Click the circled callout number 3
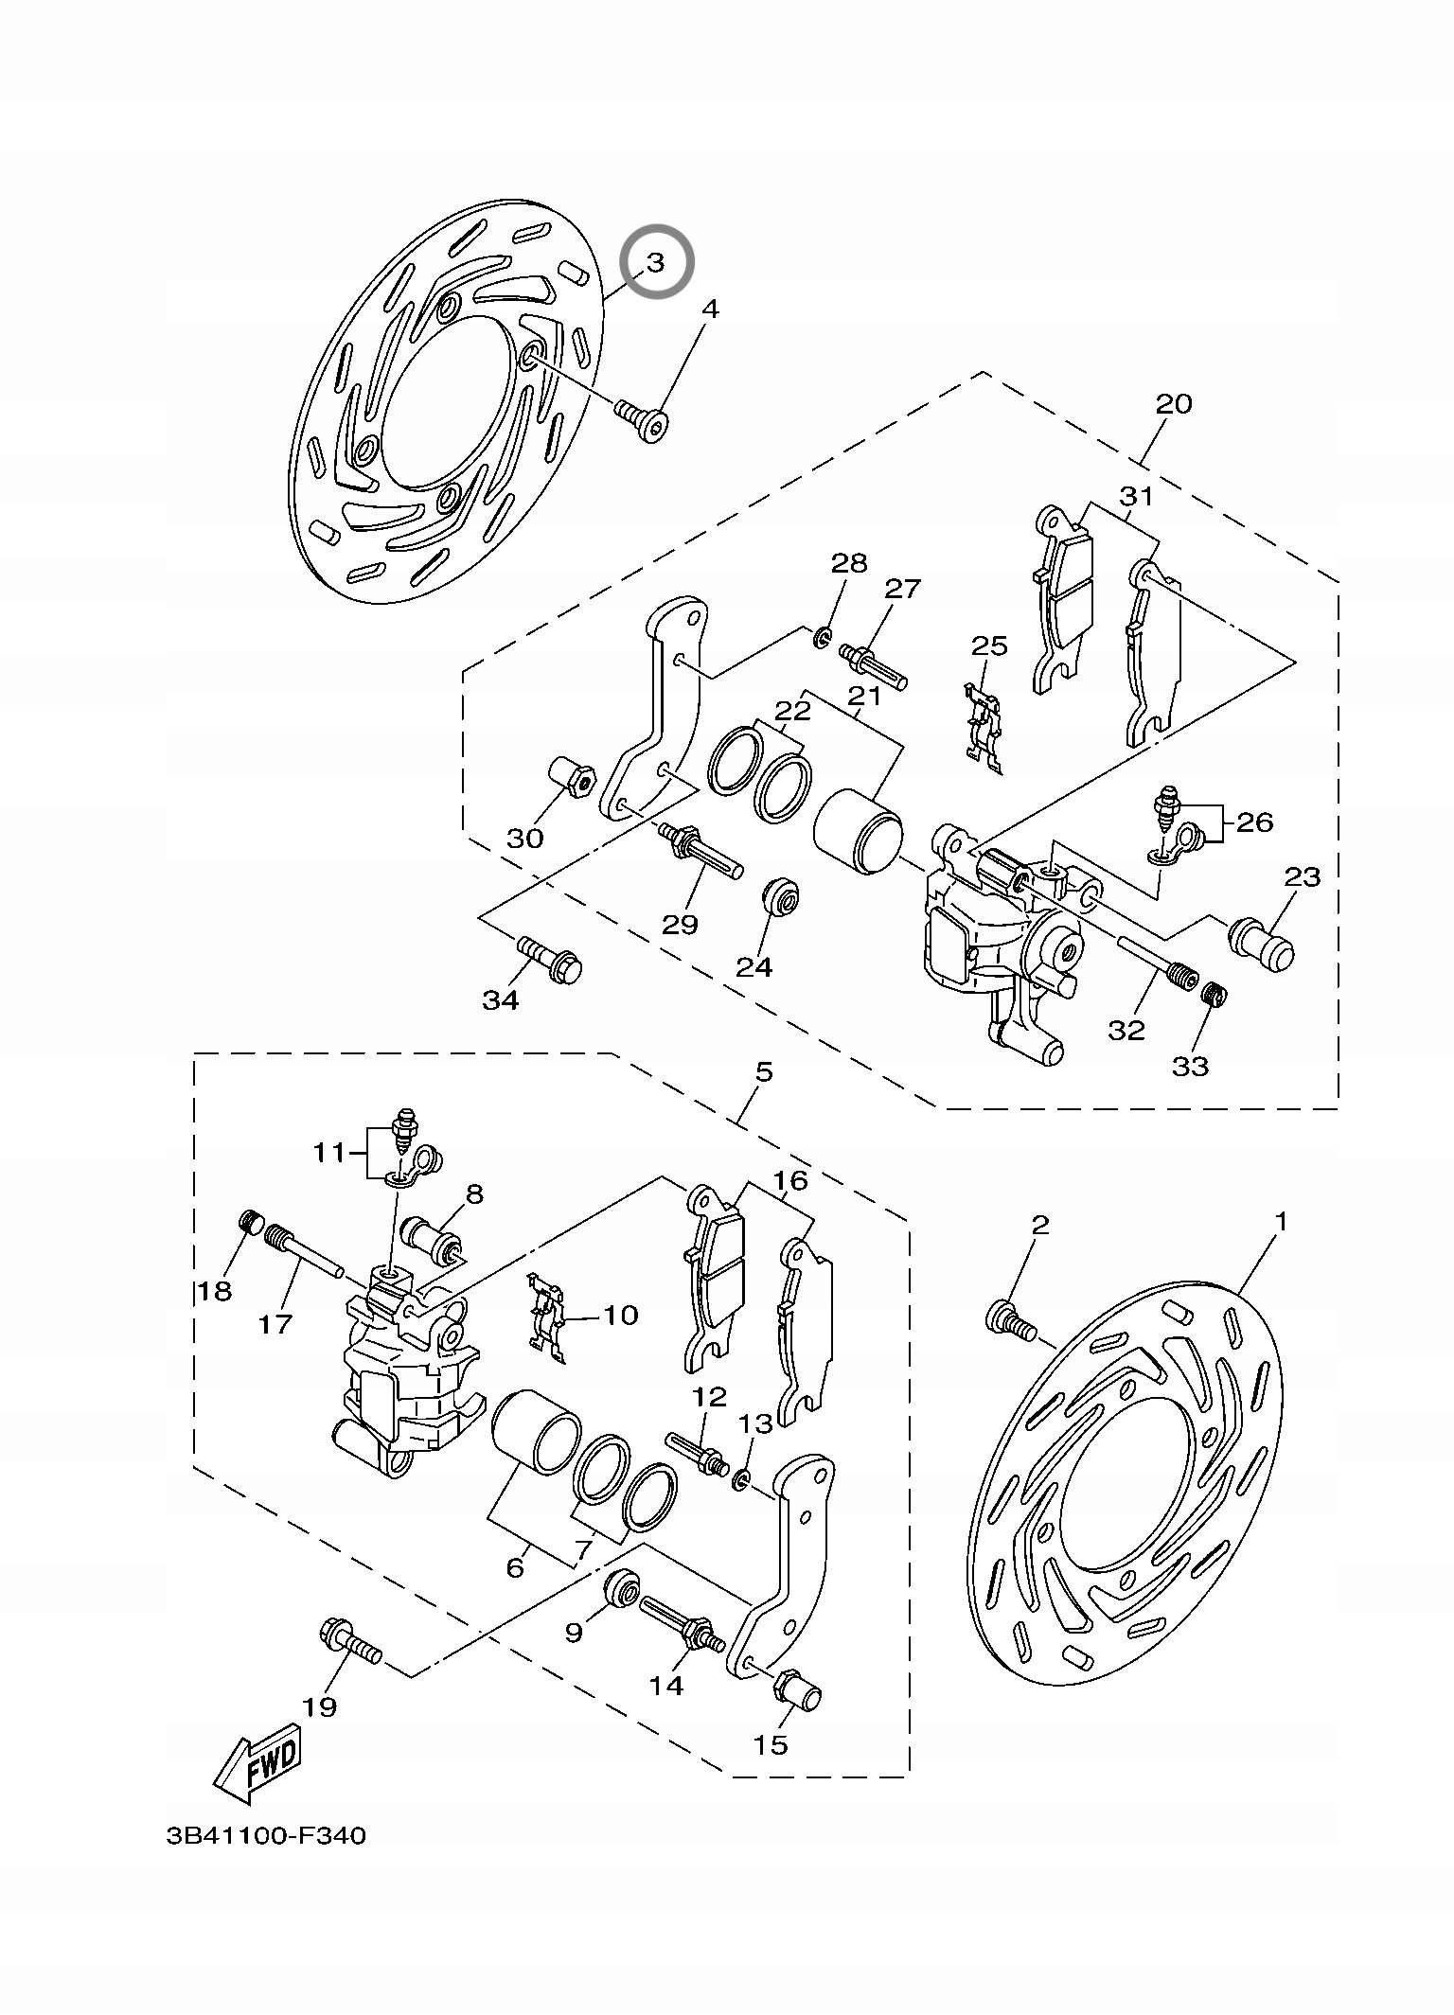(x=657, y=261)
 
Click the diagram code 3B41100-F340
(x=265, y=1863)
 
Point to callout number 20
(x=1174, y=404)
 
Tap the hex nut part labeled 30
(x=572, y=777)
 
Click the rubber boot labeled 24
(x=782, y=897)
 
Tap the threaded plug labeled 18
(x=250, y=1221)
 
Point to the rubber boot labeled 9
(x=622, y=1587)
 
